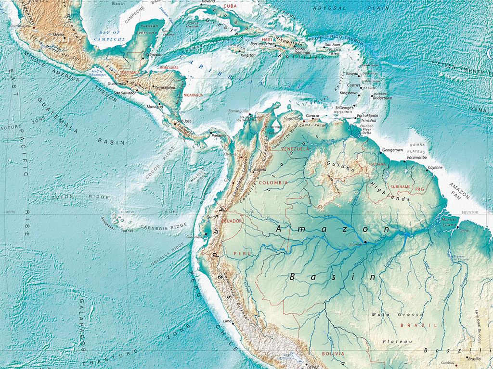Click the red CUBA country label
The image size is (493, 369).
click(231, 6)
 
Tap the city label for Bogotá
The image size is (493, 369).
click(260, 170)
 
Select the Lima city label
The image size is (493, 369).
click(228, 321)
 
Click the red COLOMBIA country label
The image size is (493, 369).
click(273, 183)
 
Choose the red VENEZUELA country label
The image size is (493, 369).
click(295, 149)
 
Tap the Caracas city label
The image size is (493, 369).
click(313, 116)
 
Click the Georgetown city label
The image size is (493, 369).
click(392, 150)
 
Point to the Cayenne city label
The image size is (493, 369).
click(435, 167)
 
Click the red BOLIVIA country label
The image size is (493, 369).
click(333, 354)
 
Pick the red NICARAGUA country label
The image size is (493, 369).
click(193, 95)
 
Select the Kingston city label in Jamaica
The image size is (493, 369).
click(248, 55)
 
